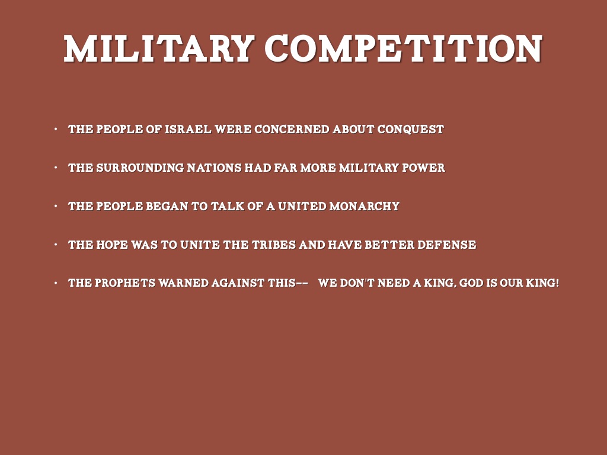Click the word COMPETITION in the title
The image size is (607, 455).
pyautogui.click(x=404, y=49)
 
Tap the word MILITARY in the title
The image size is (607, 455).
pyautogui.click(x=159, y=49)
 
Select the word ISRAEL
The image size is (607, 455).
pyautogui.click(x=188, y=129)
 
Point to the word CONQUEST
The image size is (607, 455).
pyautogui.click(x=410, y=129)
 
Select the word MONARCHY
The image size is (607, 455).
pyautogui.click(x=365, y=206)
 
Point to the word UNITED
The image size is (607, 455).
pyautogui.click(x=302, y=206)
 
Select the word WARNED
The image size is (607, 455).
pyautogui.click(x=183, y=283)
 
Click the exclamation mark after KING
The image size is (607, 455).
pyautogui.click(x=557, y=283)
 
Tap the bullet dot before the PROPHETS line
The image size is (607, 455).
pyautogui.click(x=56, y=283)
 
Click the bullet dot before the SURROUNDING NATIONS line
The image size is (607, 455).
pyautogui.click(x=56, y=168)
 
